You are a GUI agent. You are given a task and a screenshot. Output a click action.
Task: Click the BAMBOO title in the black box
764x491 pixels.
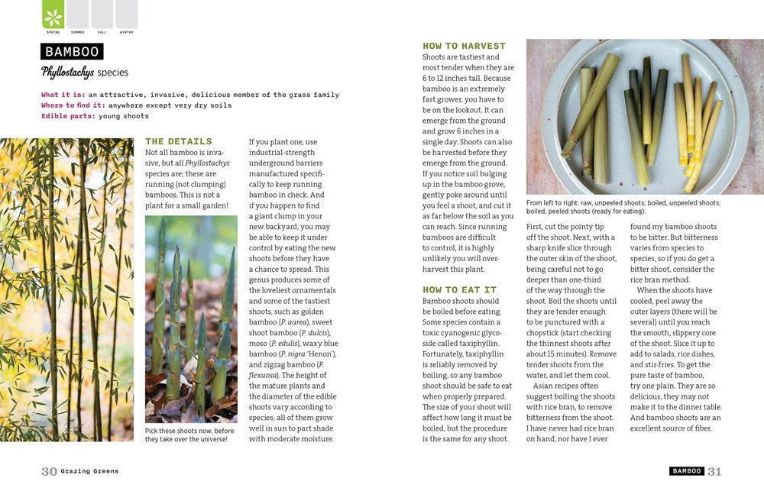[x=73, y=52]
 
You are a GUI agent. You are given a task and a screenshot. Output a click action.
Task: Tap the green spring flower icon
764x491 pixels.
[x=53, y=16]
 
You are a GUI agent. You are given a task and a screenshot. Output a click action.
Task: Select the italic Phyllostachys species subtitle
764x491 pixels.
[x=85, y=73]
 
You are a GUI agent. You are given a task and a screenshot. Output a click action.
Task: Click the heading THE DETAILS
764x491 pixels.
[x=179, y=141]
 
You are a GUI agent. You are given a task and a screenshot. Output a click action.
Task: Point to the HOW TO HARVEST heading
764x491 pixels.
[x=464, y=46]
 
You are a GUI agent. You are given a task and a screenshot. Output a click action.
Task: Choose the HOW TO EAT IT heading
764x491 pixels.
[x=459, y=290]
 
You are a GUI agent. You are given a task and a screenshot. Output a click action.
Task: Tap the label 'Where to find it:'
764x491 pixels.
[x=73, y=105]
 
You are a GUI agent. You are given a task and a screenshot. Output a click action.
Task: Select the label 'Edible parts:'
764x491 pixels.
[x=68, y=116]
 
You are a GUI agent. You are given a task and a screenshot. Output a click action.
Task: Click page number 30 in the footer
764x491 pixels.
[x=49, y=472]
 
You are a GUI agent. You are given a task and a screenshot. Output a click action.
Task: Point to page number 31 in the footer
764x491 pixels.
[x=714, y=472]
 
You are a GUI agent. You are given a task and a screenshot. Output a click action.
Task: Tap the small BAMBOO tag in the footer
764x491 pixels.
[x=687, y=472]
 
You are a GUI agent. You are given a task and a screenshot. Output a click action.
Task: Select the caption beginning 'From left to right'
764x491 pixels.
[x=623, y=207]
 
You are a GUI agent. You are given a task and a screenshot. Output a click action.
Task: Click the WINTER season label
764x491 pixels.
[x=126, y=32]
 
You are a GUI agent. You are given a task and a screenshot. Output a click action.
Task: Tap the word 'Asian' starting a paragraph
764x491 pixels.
[x=545, y=386]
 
